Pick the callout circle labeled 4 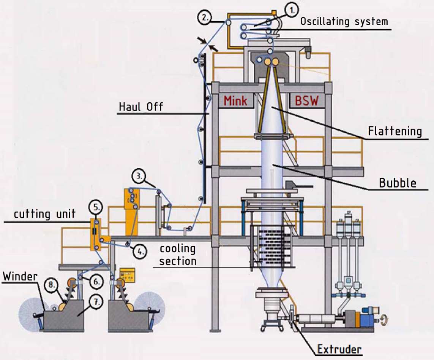pos(140,252)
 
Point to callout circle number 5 pos(96,208)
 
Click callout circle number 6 pos(96,282)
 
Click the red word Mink pos(235,100)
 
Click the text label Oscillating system pos(344,21)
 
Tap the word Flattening pos(395,131)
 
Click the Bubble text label pos(398,183)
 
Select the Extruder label pos(339,349)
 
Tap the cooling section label pos(178,255)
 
